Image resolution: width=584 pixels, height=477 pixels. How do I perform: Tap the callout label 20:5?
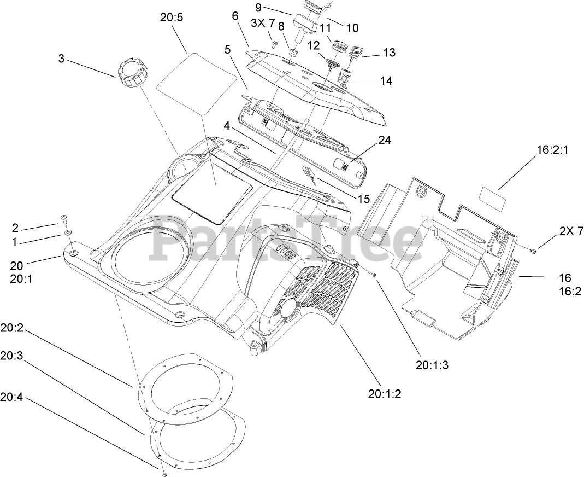[172, 17]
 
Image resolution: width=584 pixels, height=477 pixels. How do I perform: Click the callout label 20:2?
[12, 330]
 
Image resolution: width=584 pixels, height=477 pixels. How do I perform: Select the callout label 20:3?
[12, 355]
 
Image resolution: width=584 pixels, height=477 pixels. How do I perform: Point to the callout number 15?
[363, 199]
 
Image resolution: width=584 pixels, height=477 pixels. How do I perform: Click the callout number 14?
[386, 80]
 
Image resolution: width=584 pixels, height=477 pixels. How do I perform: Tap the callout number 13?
[389, 53]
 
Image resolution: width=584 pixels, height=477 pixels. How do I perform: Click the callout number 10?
[353, 26]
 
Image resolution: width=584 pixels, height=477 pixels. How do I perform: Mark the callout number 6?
[235, 16]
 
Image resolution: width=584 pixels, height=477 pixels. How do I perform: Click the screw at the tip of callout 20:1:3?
[374, 274]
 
